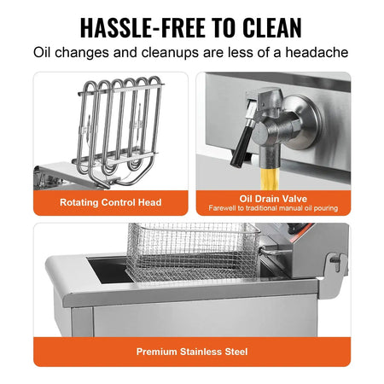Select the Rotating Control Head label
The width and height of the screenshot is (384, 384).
click(110, 202)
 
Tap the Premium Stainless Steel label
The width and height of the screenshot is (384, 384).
click(191, 351)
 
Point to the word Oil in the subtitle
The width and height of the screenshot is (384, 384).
click(44, 53)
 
